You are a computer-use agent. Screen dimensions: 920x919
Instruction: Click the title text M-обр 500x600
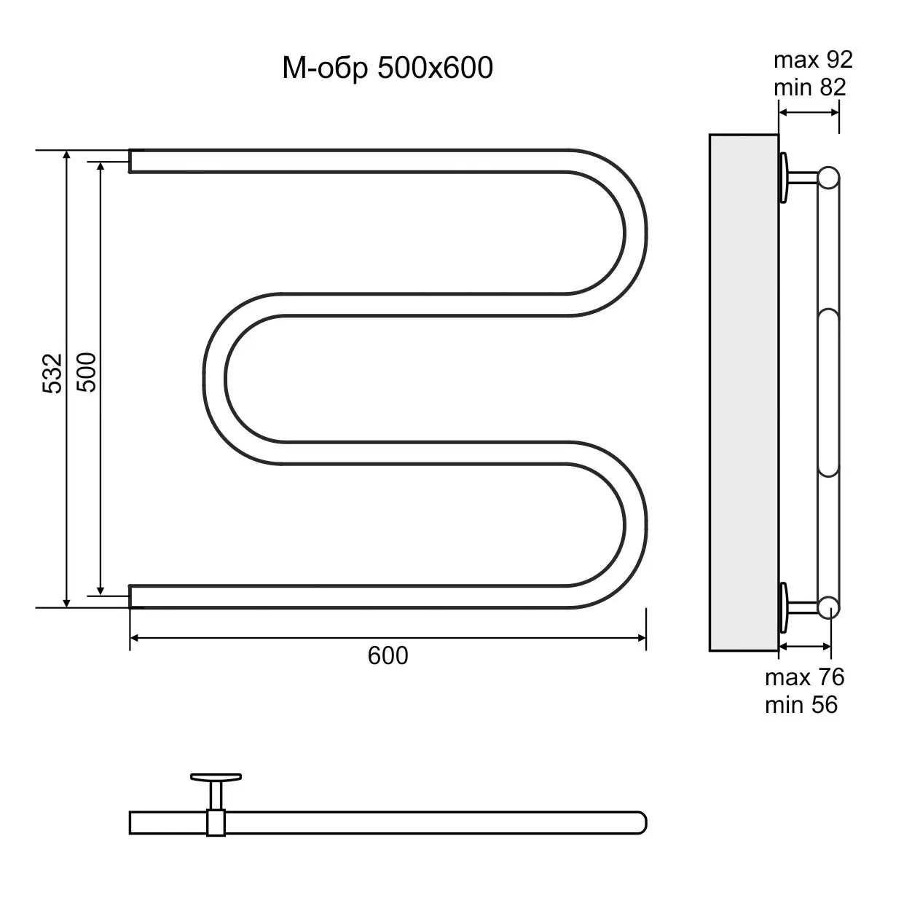[388, 68]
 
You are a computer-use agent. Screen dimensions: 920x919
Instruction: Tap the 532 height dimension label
[52, 374]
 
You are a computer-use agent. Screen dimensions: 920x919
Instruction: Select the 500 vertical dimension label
[87, 372]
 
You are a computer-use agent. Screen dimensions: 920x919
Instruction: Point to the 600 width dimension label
[388, 655]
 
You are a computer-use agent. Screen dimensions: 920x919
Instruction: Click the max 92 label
[813, 60]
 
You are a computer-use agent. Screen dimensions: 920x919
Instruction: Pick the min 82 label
[810, 87]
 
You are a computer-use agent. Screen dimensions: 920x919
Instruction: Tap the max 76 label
[804, 677]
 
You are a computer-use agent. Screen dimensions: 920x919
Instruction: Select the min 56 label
[801, 705]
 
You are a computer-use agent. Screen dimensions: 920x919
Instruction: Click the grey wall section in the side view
[744, 393]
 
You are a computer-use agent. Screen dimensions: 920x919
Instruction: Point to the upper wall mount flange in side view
[784, 178]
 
